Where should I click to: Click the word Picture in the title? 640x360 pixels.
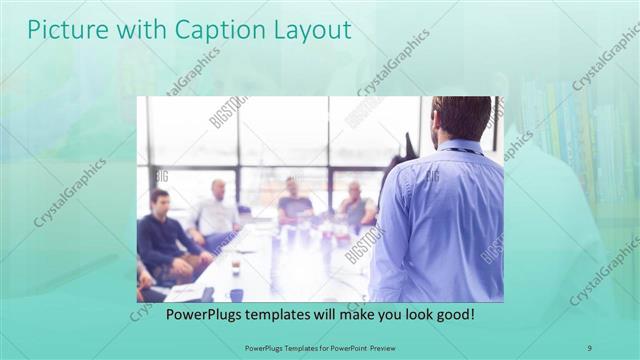[60, 30]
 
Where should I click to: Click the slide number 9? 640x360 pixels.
[590, 346]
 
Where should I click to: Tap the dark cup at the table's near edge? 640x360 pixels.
[236, 294]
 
